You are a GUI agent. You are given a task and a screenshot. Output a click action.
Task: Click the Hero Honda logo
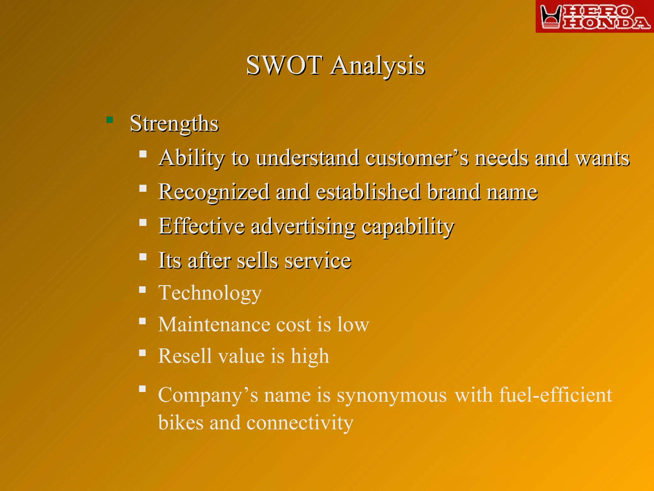coord(595,17)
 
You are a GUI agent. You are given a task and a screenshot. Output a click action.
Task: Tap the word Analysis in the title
coord(377,66)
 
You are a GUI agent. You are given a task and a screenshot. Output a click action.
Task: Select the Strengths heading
coord(174,123)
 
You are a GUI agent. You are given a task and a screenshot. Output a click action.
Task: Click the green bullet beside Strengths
coord(110,120)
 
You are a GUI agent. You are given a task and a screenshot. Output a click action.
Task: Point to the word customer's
coord(417,158)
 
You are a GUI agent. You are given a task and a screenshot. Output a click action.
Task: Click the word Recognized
coord(214,192)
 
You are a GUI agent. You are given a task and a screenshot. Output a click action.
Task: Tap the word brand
coord(453,192)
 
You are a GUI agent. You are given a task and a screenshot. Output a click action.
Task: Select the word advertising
coord(303,227)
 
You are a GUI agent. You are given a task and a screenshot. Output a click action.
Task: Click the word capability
coord(407,227)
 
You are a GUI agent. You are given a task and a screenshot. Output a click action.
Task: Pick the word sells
coord(257,261)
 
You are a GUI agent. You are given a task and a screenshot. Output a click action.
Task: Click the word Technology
coord(210,293)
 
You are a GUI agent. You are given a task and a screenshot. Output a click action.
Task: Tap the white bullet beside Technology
coord(143,290)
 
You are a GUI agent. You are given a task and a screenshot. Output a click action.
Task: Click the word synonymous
coord(392,395)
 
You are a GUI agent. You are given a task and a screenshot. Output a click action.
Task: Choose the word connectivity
coord(300,423)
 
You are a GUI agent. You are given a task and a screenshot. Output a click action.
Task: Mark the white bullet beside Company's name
coord(143,389)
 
